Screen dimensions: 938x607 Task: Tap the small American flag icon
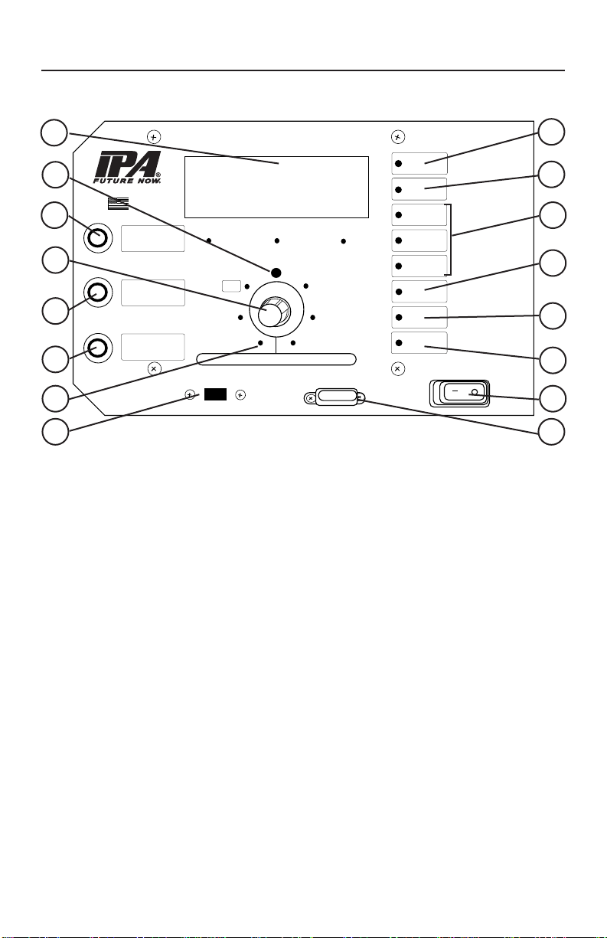tap(118, 203)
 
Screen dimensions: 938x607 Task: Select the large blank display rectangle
tap(277, 186)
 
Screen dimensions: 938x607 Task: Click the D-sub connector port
tap(335, 398)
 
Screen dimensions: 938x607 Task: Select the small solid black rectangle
tap(215, 394)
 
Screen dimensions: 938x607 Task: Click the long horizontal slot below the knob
tap(276, 359)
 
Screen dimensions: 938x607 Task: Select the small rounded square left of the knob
tap(230, 286)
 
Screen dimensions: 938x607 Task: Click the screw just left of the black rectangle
tap(191, 395)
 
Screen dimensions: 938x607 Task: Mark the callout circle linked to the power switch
tap(551, 397)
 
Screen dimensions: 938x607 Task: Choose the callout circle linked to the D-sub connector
tap(551, 431)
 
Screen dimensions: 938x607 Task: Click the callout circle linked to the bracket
tap(551, 216)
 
